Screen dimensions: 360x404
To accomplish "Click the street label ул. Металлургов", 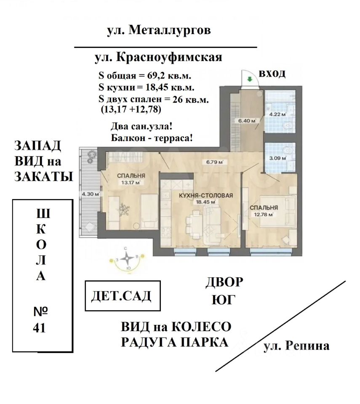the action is click(x=159, y=30).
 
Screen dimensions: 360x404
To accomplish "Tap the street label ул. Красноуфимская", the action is click(x=158, y=57).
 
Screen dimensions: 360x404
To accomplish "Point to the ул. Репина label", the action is click(x=296, y=346).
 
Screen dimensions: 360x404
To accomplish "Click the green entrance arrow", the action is click(x=250, y=79).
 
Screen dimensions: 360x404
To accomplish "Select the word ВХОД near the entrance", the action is click(x=272, y=73).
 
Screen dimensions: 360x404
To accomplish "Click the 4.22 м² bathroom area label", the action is click(x=277, y=114).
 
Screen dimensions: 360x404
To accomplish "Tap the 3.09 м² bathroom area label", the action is click(x=277, y=158).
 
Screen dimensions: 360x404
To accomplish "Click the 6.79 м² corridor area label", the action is click(x=215, y=162).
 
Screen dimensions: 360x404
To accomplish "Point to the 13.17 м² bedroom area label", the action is click(x=131, y=183).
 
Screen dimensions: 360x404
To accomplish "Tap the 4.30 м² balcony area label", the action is click(x=91, y=194).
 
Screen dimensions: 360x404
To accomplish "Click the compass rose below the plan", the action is click(x=127, y=258).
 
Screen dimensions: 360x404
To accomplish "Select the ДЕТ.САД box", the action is click(x=123, y=296).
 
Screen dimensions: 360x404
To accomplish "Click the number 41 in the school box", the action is click(x=39, y=328).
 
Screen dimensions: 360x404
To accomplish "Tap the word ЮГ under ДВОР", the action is click(x=224, y=299).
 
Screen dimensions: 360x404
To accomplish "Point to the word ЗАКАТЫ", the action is click(x=44, y=177).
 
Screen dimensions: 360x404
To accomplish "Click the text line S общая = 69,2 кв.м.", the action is click(x=145, y=76).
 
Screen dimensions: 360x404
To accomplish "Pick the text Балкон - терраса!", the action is click(x=152, y=138).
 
